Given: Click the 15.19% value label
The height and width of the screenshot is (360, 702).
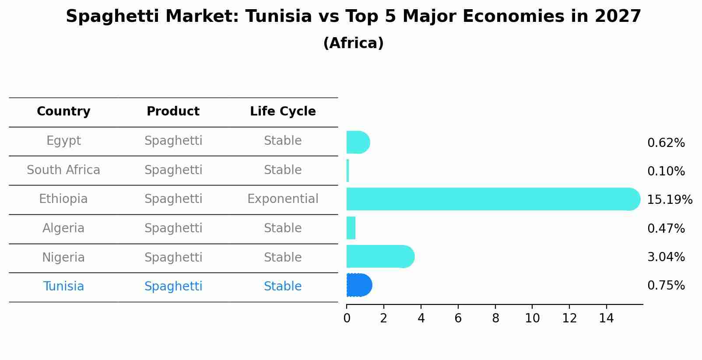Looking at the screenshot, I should (669, 200).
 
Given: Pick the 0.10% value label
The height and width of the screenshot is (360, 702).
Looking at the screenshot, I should (666, 171).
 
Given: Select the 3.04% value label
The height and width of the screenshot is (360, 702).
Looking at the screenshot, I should (666, 257).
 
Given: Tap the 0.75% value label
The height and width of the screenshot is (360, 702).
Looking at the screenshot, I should (666, 286).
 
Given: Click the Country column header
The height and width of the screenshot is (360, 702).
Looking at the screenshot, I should (63, 112).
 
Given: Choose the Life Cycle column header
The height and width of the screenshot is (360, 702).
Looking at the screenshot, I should (283, 112).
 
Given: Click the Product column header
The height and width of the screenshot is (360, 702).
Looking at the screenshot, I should (173, 112).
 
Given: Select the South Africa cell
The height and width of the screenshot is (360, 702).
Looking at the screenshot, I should (63, 170).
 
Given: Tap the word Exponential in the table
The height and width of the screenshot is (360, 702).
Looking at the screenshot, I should (283, 199).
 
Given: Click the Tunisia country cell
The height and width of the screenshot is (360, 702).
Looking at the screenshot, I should (63, 287).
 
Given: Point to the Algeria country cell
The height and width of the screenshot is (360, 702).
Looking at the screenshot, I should (63, 228).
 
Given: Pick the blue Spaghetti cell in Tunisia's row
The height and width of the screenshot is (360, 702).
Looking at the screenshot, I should (173, 287).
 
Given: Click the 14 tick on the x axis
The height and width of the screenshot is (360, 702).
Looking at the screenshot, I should (607, 318).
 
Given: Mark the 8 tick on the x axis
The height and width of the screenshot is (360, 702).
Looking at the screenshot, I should (495, 318).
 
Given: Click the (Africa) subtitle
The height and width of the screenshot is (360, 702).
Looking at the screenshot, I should (353, 43).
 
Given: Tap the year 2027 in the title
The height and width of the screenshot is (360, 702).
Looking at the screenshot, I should (618, 17).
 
